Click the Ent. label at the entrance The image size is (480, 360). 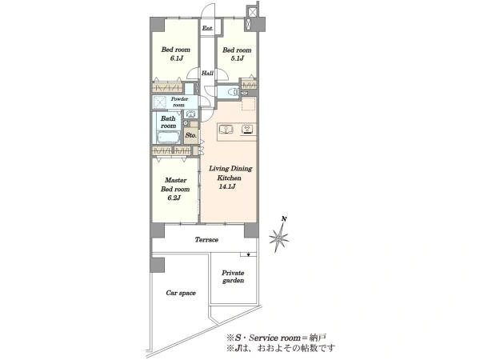[x=207, y=28]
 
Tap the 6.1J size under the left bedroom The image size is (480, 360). [x=176, y=58]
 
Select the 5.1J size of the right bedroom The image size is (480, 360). [x=238, y=58]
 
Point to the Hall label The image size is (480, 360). [x=207, y=73]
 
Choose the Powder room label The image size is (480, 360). [x=179, y=102]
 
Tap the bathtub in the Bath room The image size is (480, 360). [x=168, y=137]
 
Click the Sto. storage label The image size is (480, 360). [x=191, y=135]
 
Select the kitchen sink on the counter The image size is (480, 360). [x=226, y=129]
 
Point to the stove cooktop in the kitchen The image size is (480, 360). [x=248, y=129]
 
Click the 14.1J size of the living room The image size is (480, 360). [x=227, y=186]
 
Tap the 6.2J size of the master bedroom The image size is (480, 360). [x=174, y=198]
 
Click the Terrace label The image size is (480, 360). [x=206, y=240]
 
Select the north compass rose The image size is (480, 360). [x=279, y=238]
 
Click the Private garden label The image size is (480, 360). [x=233, y=277]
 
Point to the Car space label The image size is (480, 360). [x=181, y=293]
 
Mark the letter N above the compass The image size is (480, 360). [x=284, y=219]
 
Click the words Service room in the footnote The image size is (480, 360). [x=274, y=338]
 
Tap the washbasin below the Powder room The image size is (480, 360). [x=190, y=114]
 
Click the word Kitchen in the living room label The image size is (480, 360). [x=229, y=178]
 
